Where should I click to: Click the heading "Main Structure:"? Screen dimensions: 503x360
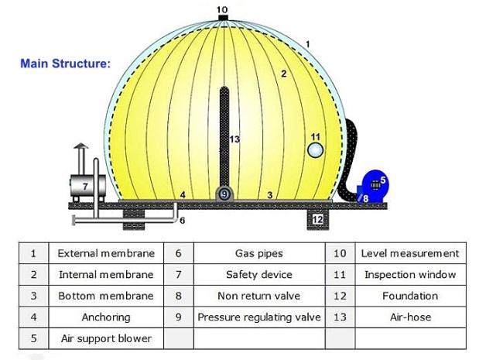(x=66, y=63)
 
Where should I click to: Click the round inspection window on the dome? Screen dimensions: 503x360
(x=315, y=150)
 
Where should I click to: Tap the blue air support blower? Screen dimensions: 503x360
(x=373, y=186)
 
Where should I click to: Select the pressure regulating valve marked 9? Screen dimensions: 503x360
(x=224, y=194)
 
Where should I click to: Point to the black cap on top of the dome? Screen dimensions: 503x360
(x=223, y=17)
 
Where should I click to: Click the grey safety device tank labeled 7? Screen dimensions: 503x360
(x=87, y=186)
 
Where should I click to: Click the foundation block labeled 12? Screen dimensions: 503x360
(x=317, y=219)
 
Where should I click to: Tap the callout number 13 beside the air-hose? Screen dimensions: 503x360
(x=234, y=139)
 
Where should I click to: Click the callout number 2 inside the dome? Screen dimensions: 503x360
(x=283, y=74)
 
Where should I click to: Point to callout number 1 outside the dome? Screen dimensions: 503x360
(x=308, y=43)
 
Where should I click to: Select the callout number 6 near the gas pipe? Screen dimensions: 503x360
(x=182, y=221)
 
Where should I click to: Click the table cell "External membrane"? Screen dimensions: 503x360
(x=106, y=253)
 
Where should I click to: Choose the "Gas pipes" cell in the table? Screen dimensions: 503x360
(x=259, y=253)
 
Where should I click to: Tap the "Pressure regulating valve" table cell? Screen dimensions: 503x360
(x=259, y=317)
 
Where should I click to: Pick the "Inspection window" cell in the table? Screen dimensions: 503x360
(x=410, y=275)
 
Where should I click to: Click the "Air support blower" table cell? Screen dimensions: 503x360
(x=106, y=338)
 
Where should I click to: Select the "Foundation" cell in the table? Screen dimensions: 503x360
(x=410, y=296)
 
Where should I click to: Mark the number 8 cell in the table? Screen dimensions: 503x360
(x=179, y=296)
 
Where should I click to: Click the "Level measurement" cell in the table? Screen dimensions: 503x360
(x=410, y=253)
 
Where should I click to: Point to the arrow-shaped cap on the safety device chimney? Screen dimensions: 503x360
(x=80, y=146)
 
